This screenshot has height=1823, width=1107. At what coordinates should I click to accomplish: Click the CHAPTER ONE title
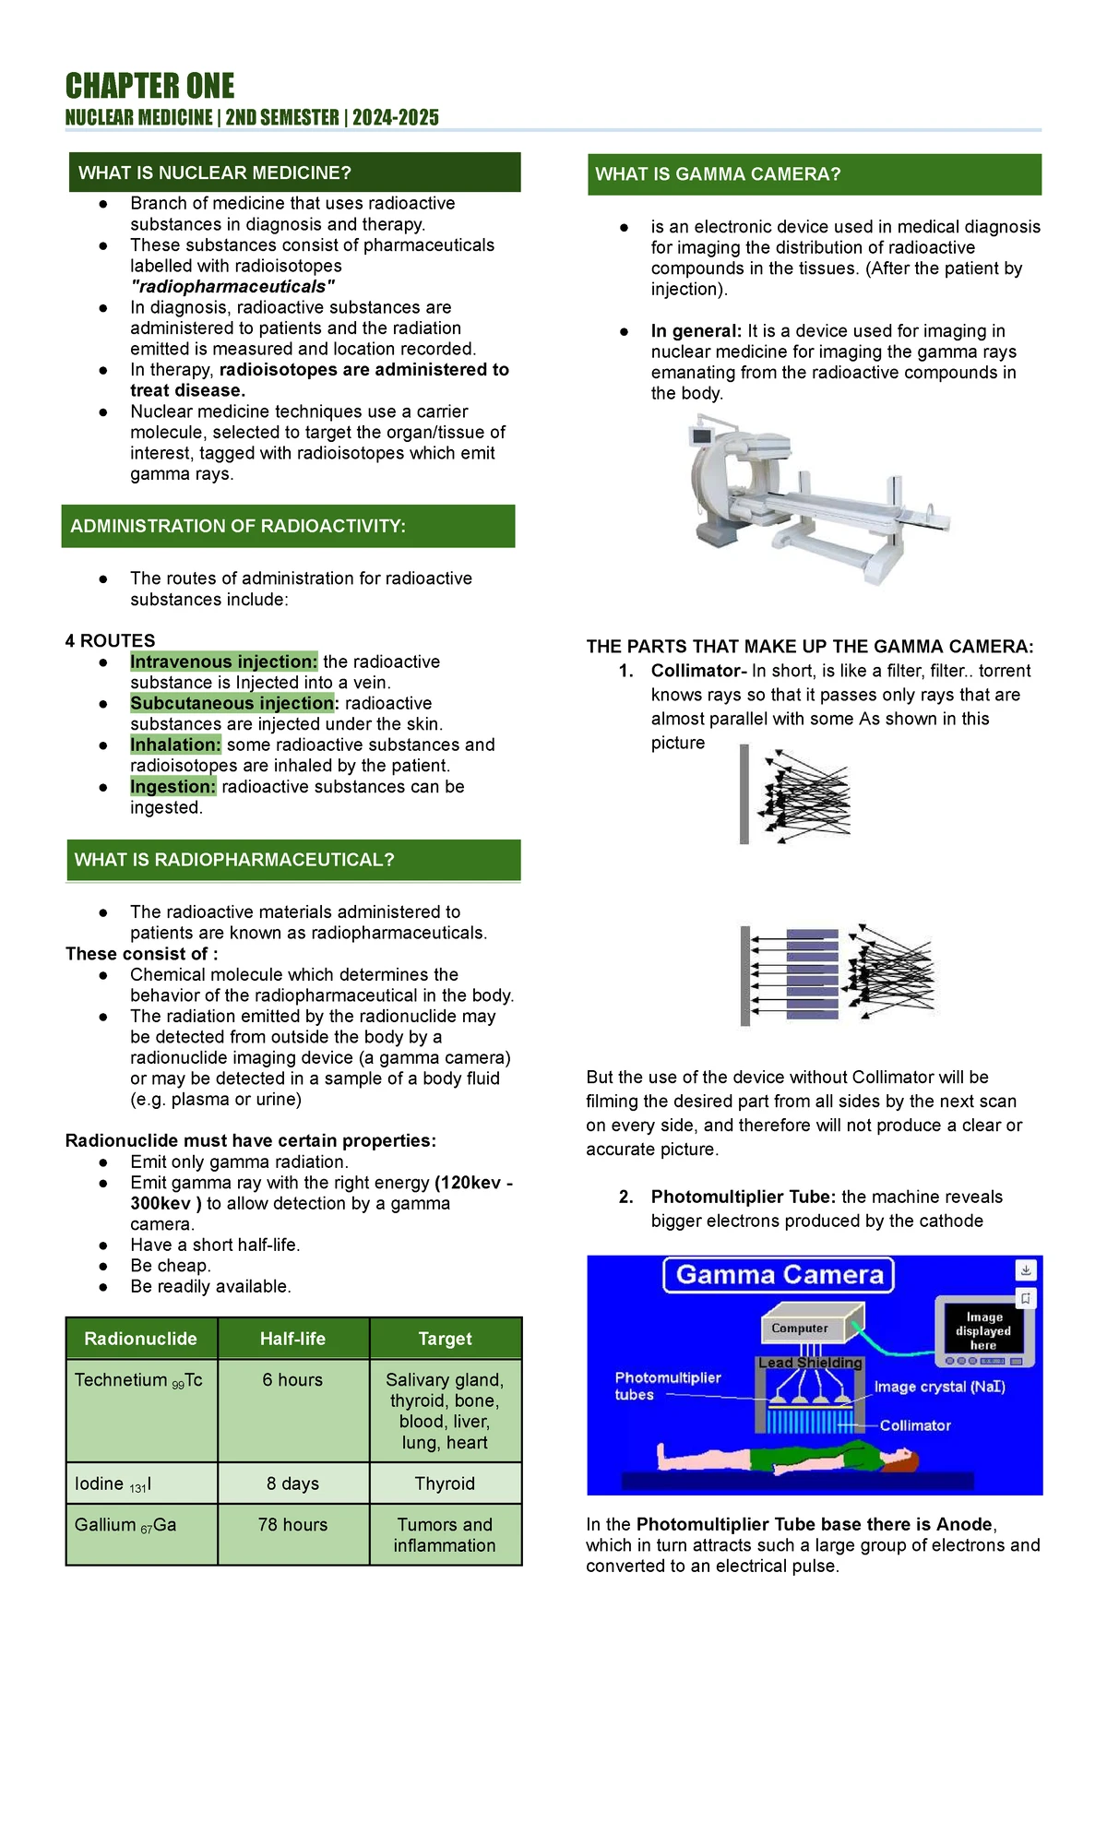coord(149,86)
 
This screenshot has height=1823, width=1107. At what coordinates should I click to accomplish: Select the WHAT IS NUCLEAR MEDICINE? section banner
coord(294,173)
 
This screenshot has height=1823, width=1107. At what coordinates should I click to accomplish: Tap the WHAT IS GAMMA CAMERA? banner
coord(814,174)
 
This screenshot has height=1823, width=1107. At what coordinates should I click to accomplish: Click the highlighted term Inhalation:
coord(175,745)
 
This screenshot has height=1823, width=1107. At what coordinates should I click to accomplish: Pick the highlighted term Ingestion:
coord(173,786)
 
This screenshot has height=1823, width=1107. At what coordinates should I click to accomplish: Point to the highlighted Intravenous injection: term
coord(223,661)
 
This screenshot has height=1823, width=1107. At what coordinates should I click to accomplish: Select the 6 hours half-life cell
coord(292,1379)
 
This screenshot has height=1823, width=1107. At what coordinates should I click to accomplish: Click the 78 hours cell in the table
coord(292,1524)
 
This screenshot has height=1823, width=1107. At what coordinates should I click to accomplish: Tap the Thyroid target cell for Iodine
coord(445,1483)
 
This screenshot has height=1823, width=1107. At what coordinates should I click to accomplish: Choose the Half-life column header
coord(292,1339)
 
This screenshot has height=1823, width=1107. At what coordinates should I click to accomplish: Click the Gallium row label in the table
coord(125,1524)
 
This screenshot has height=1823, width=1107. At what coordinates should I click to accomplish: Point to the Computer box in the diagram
coord(801,1328)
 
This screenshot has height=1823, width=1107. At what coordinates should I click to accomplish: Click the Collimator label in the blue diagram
coord(915,1425)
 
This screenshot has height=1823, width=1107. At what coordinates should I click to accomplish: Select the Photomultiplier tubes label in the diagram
coord(667,1386)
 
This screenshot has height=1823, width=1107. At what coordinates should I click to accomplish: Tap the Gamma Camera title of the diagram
coord(780,1275)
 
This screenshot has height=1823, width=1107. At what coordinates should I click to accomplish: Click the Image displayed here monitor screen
coord(982,1330)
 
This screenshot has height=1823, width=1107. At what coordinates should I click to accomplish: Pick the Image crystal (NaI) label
coord(939,1387)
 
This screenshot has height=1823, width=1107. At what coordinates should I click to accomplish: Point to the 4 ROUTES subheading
coord(111,640)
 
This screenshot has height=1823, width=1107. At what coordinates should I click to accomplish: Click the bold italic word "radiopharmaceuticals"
coord(232,286)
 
